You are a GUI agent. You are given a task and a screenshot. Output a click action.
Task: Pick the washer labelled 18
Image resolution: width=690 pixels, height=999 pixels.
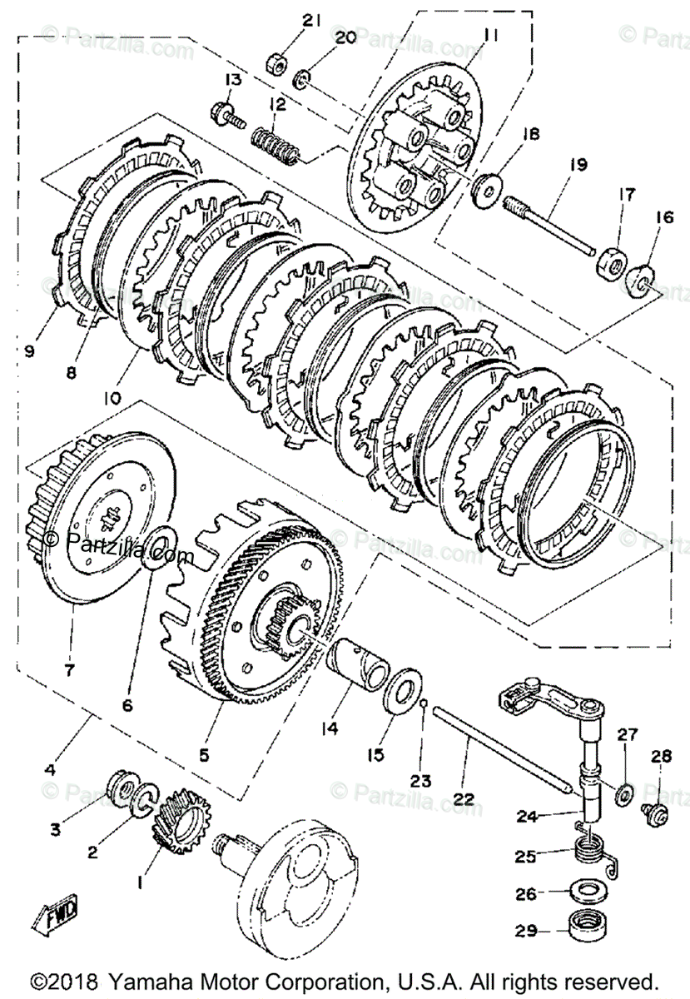485,189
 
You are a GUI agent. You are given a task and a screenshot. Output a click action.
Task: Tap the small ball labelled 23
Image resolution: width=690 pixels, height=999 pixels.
424,708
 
